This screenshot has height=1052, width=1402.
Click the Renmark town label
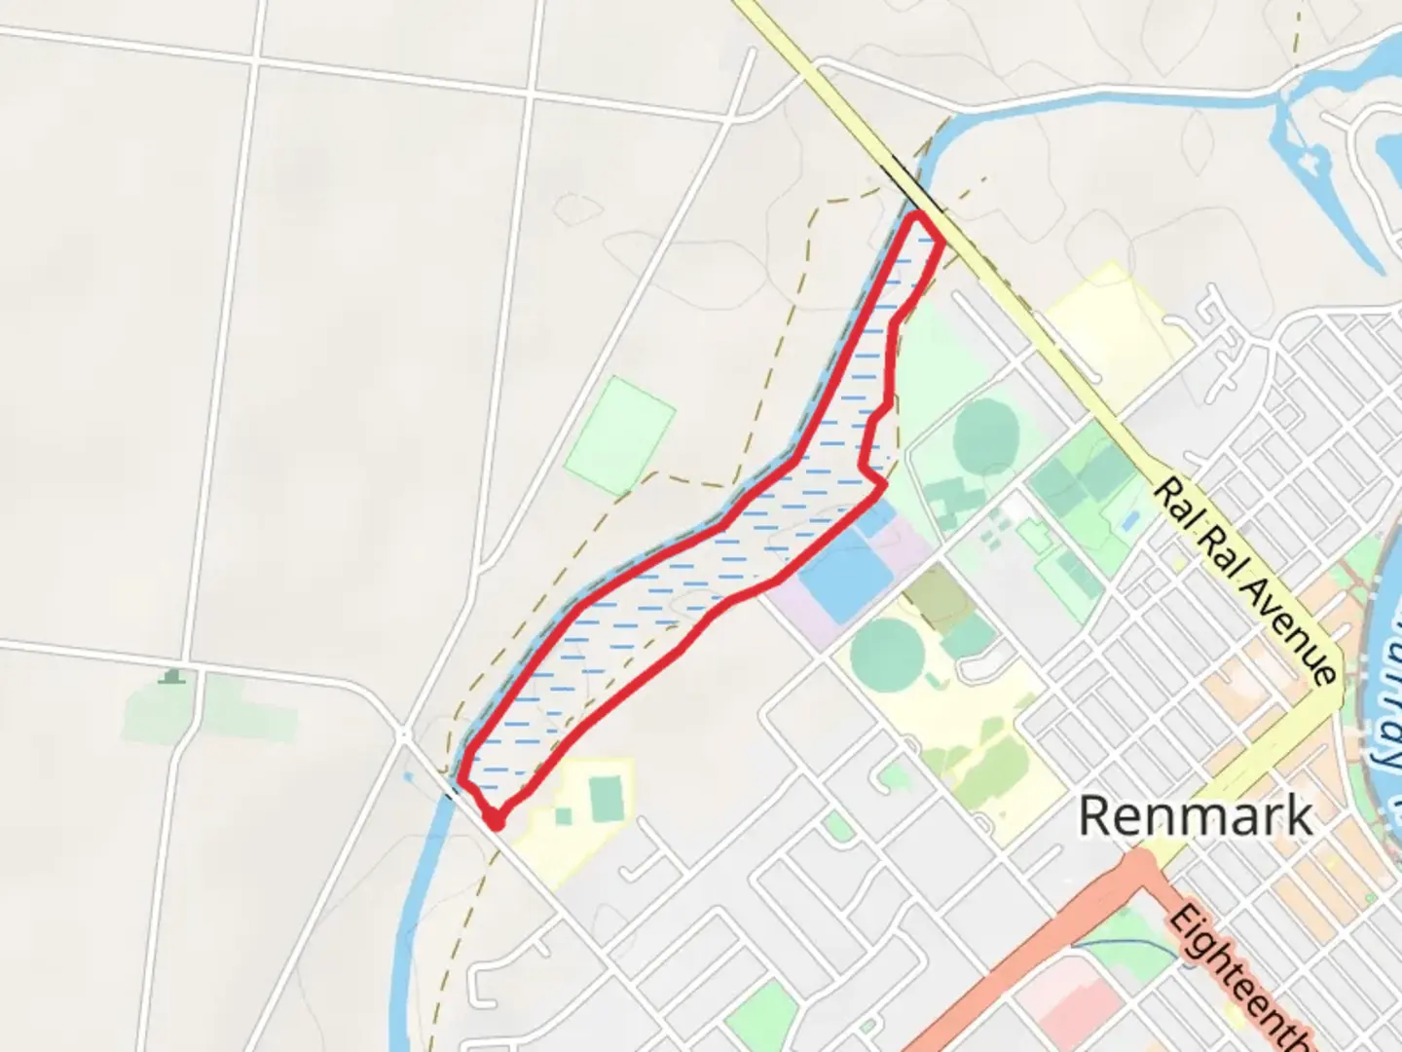[x=1195, y=816]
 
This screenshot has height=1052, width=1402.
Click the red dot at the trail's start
[x=496, y=823]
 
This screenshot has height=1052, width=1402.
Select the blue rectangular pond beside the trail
[x=844, y=575]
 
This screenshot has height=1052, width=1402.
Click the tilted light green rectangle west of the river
[x=620, y=434]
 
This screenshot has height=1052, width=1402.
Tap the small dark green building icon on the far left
[x=173, y=676]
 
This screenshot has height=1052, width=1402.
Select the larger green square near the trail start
[x=607, y=797]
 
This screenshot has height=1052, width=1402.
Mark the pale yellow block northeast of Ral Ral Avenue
[x=1120, y=331]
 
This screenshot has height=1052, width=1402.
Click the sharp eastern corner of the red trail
[x=883, y=483]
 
